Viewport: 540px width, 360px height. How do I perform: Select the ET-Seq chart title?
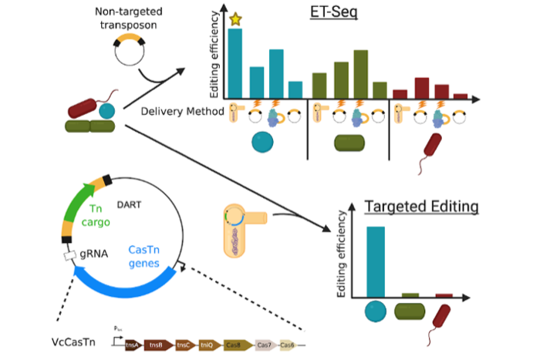tap(332, 13)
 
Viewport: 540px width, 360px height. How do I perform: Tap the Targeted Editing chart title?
tap(421, 207)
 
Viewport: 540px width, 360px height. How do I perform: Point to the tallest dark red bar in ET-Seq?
tap(422, 88)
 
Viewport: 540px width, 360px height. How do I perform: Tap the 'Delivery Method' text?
tap(183, 112)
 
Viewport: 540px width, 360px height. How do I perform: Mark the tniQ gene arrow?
tap(209, 345)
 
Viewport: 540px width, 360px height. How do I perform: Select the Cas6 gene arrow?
tap(288, 345)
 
